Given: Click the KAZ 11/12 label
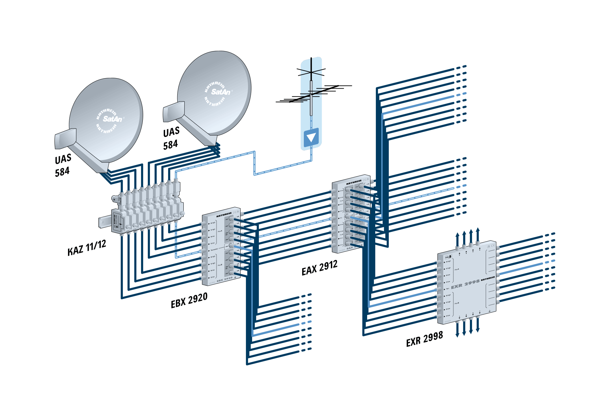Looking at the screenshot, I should (x=87, y=248).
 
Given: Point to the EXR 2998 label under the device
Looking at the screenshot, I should (x=424, y=339).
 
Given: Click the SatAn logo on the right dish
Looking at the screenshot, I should (x=221, y=92).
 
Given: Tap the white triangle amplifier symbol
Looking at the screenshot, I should (x=311, y=137).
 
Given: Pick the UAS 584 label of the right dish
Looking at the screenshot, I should (x=171, y=138).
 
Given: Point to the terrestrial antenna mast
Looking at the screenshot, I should (x=311, y=98).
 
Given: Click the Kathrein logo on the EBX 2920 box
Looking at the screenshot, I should (x=224, y=214).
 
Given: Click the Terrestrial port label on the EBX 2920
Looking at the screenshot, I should (x=214, y=250).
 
